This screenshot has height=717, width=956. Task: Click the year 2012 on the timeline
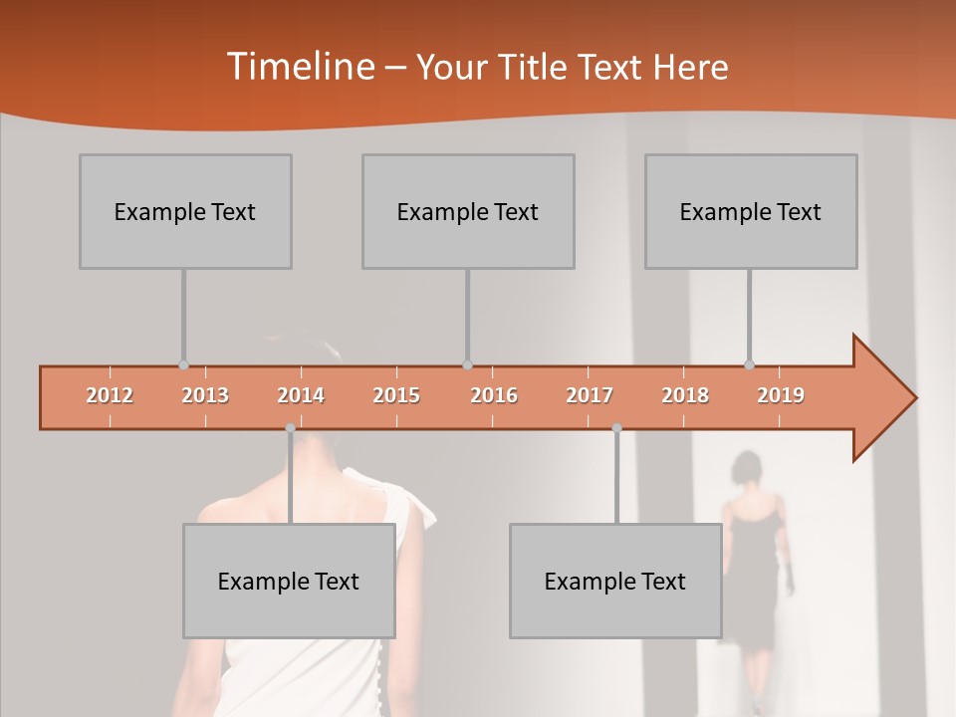coord(110,395)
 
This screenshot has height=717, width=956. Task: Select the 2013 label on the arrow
coord(205,395)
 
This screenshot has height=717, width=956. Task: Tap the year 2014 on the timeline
coord(301,395)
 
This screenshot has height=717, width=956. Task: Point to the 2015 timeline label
coord(396,395)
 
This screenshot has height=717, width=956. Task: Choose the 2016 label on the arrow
coord(494,395)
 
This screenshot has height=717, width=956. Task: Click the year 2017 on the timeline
coord(590,395)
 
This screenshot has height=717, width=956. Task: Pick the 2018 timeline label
coord(685,395)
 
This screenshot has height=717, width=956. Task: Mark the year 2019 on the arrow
coord(781,395)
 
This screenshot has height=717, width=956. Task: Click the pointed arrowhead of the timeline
coord(886,398)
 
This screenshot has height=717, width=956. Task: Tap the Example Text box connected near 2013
coord(185,211)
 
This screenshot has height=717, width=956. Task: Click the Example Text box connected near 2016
coord(468,211)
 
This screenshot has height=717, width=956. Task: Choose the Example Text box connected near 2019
coord(751,211)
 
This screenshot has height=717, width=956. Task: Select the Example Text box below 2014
coord(289,581)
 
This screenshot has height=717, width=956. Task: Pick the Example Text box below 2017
coord(615,581)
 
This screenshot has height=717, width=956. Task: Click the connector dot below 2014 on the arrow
coord(290,428)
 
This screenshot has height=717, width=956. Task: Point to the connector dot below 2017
coord(616,428)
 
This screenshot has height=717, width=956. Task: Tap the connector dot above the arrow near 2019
coord(750,364)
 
